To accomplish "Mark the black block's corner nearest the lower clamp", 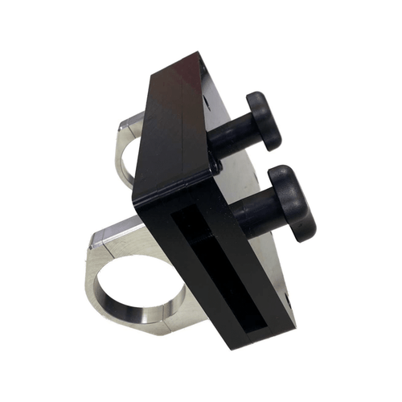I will tap(137, 201).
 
